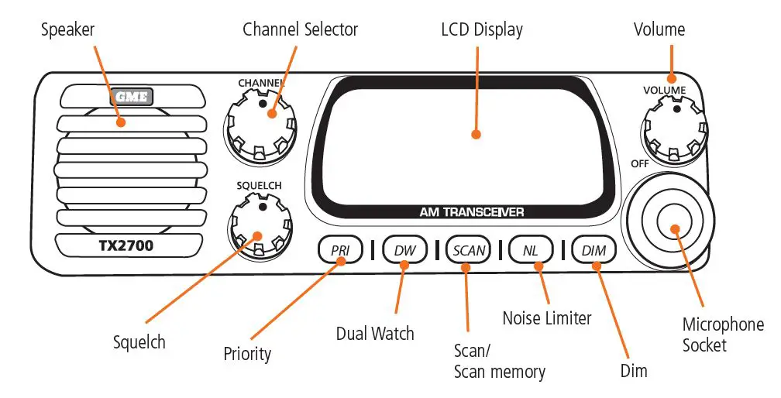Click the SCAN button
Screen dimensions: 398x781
click(468, 250)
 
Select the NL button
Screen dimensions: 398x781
click(531, 250)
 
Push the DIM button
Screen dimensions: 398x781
click(593, 250)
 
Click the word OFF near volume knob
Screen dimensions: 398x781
click(639, 164)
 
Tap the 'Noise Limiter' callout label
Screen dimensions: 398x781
click(546, 317)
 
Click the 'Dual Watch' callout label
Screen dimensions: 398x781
click(375, 334)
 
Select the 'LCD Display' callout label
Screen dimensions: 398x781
click(481, 30)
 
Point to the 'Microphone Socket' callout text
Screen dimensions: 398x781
click(722, 335)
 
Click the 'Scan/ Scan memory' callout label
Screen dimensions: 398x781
click(499, 361)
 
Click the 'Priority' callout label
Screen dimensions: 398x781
click(247, 354)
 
